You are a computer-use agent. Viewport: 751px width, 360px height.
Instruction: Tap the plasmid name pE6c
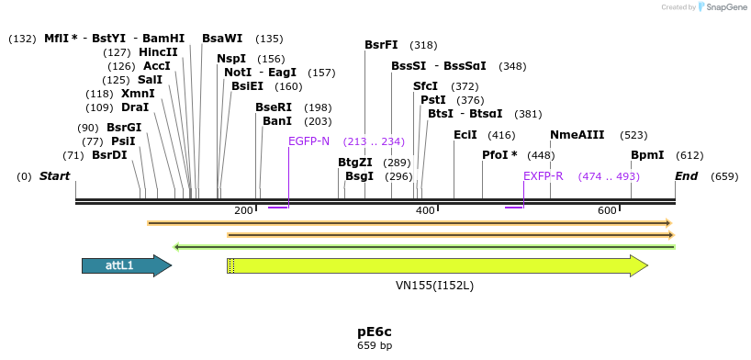point(375,331)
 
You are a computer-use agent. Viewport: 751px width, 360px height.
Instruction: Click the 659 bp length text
point(375,346)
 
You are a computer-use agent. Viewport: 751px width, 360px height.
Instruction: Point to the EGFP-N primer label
point(308,141)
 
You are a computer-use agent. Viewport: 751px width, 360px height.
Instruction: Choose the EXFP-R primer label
point(543,175)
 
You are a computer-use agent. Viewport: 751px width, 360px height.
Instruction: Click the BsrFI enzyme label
point(381,44)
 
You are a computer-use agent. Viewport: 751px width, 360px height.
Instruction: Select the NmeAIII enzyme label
point(577,134)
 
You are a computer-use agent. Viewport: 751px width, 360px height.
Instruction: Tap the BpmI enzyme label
point(646,155)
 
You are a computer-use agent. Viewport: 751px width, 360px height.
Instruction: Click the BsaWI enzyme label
point(222,39)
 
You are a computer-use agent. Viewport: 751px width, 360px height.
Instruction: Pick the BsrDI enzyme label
point(109,155)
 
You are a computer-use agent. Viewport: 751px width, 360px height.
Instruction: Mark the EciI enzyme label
point(465,134)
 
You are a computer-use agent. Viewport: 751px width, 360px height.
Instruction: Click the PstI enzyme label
point(432,99)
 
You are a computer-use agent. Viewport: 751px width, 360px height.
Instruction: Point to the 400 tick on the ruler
point(425,211)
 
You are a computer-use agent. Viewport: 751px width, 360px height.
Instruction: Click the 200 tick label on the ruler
point(243,211)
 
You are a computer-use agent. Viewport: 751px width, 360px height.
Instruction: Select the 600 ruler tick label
point(607,211)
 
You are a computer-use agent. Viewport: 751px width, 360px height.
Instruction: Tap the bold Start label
point(54,175)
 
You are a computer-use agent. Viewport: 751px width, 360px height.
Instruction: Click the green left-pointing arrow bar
point(424,246)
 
